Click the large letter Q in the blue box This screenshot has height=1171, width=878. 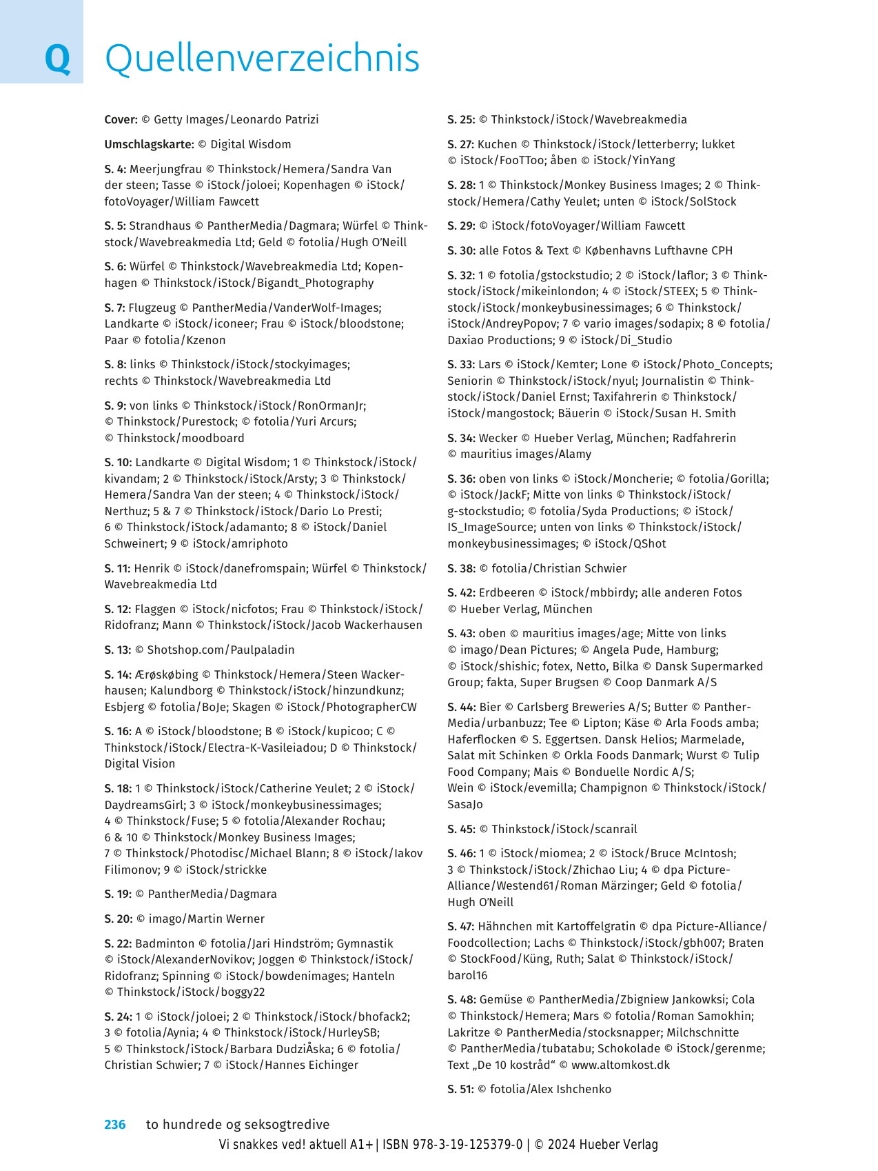[57, 59]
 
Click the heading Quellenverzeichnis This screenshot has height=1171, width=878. [262, 59]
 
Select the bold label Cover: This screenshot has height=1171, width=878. [121, 120]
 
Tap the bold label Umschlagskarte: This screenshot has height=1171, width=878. [149, 145]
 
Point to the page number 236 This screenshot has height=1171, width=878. [115, 1125]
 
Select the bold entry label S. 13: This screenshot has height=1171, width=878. [117, 650]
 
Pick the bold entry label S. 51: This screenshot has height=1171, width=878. [460, 1090]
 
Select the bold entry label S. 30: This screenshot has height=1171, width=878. [461, 251]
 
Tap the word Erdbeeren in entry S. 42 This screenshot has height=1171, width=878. [507, 593]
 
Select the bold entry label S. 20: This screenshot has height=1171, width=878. [117, 919]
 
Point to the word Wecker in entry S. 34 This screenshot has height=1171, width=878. [498, 439]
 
